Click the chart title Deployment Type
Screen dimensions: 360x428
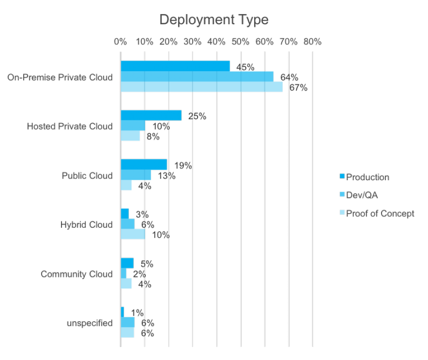[x=214, y=20]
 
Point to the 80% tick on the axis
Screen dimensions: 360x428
[x=312, y=41]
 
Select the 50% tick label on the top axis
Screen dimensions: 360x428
[x=240, y=41]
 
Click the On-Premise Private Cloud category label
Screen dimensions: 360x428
[x=60, y=77]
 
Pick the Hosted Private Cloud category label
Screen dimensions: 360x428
[x=70, y=126]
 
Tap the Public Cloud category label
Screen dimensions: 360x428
[x=87, y=175]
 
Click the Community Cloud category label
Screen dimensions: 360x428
[x=77, y=274]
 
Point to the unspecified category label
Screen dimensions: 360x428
[x=90, y=323]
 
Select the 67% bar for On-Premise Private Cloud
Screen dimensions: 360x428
[x=201, y=87]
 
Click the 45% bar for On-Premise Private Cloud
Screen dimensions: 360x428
[x=175, y=66]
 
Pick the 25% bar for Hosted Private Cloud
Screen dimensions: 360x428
[x=151, y=116]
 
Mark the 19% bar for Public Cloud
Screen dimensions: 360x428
[x=143, y=165]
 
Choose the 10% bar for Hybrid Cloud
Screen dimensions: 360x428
[x=132, y=234]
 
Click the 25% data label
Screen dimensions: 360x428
[x=197, y=116]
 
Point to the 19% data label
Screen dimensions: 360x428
[x=183, y=166]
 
